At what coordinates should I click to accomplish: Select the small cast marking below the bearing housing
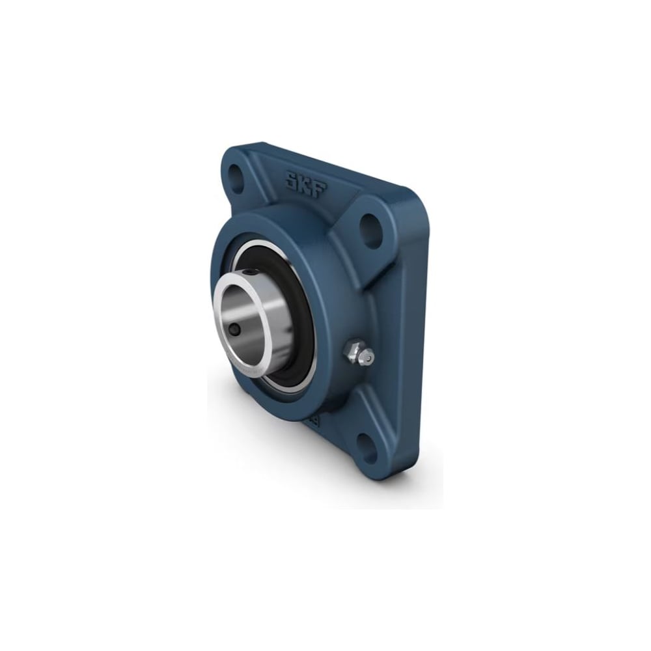pyautogui.click(x=312, y=420)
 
